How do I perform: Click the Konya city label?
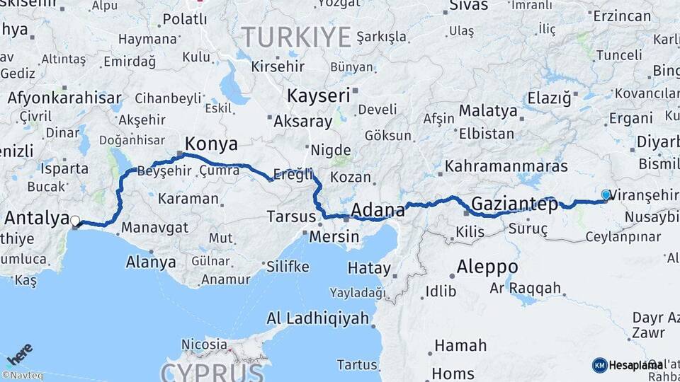pos(211,144)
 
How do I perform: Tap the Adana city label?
pos(378,210)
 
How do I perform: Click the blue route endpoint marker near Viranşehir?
pos(605,195)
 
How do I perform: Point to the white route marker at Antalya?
pos(74,221)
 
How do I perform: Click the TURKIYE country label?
pos(296,35)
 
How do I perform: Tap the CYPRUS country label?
pos(212,371)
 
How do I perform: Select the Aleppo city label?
pos(487,268)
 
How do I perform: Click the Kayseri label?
pos(319,95)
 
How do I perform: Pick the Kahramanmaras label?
pos(506,167)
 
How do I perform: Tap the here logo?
pos(19,351)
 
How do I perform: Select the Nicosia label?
pos(204,345)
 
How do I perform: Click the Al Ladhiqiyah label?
pos(318,318)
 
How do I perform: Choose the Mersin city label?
pos(335,236)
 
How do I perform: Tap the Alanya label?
pos(150,262)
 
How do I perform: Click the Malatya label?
pos(488,110)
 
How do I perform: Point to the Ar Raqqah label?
pos(525,289)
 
